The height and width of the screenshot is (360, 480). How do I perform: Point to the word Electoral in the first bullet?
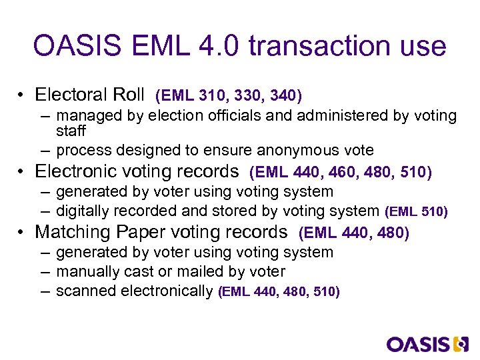[x=71, y=95]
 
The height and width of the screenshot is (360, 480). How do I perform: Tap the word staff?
[x=71, y=131]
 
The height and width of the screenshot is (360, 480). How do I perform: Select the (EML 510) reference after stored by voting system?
[x=417, y=212]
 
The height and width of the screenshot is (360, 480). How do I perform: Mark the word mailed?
[x=218, y=271]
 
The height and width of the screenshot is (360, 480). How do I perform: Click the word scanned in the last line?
[x=83, y=291]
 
